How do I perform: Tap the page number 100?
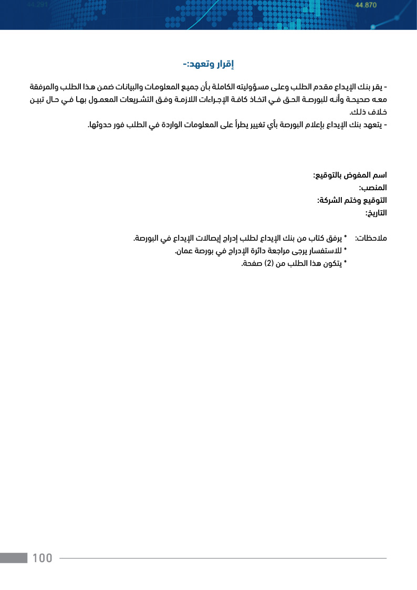43,558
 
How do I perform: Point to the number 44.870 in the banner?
366,5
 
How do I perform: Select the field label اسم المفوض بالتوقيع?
350,174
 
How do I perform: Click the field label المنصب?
373,188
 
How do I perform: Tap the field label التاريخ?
376,213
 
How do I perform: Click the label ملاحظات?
371,239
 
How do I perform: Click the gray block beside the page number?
14,558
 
